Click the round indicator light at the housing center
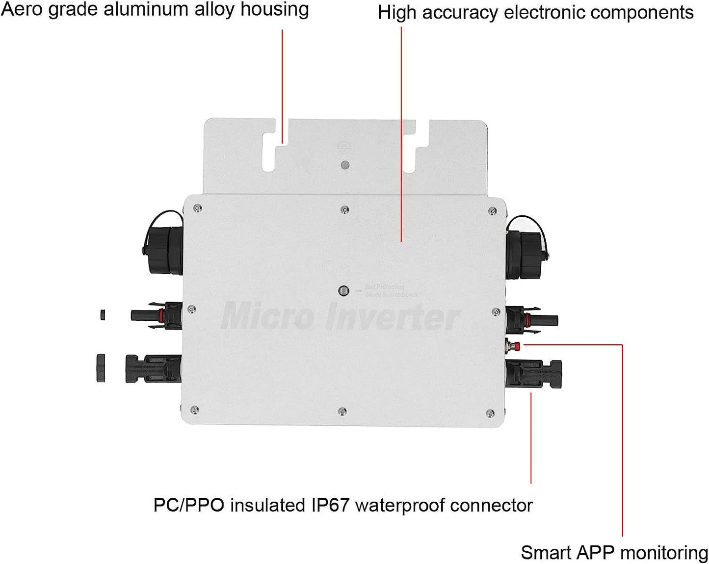coord(344,291)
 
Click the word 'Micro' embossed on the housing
coord(268,316)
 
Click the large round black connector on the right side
coord(525,248)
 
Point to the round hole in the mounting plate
coord(345,165)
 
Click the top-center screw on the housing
coord(345,210)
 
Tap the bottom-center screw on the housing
coord(342,411)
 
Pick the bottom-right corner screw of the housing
coord(490,414)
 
